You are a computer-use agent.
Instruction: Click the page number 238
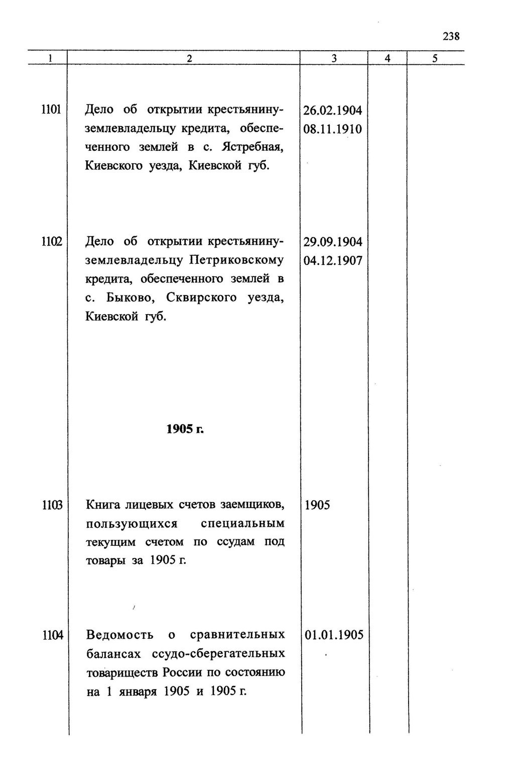pos(451,36)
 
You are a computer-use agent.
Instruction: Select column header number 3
pos(334,58)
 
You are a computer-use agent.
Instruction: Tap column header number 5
pos(435,58)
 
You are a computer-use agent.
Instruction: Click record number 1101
pos(51,109)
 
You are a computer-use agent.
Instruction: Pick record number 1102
pos(51,241)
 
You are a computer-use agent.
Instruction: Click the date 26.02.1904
pos(333,110)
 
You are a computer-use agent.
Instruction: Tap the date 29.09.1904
pos(333,242)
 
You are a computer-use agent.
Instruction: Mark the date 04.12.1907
pos(333,261)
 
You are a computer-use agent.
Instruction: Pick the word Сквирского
pos(203,298)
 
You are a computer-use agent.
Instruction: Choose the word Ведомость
pos(120,634)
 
